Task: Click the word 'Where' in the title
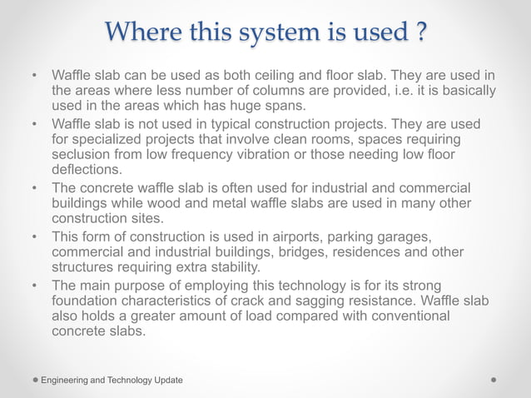click(139, 33)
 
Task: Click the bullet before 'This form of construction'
click(35, 236)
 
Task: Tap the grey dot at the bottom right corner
click(494, 380)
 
